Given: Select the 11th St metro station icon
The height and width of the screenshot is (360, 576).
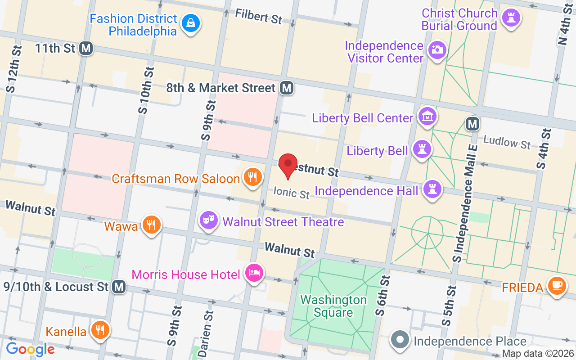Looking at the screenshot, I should tap(85, 48).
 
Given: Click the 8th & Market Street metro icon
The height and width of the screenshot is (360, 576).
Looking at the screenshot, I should tap(286, 88).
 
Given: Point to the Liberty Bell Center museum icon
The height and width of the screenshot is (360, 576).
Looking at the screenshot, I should tap(427, 117).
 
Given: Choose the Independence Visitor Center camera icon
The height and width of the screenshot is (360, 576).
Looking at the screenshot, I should tap(436, 49).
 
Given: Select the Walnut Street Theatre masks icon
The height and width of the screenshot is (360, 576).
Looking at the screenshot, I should tap(208, 220).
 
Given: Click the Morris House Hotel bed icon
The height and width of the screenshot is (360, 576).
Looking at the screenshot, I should tap(254, 273).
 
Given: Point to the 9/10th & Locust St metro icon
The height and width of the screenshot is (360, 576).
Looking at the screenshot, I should tap(119, 286).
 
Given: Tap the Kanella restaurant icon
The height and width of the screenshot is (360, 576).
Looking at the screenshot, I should tap(99, 330).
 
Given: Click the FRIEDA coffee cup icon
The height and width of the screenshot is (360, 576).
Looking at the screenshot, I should tap(557, 285).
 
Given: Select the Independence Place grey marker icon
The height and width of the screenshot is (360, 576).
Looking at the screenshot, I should tap(400, 340).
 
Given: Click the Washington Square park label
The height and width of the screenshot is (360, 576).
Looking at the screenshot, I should tap(333, 306).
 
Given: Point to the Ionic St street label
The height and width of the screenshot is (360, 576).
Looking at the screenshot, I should tap(292, 193).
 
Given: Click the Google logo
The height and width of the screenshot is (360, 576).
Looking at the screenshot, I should tap(30, 349).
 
